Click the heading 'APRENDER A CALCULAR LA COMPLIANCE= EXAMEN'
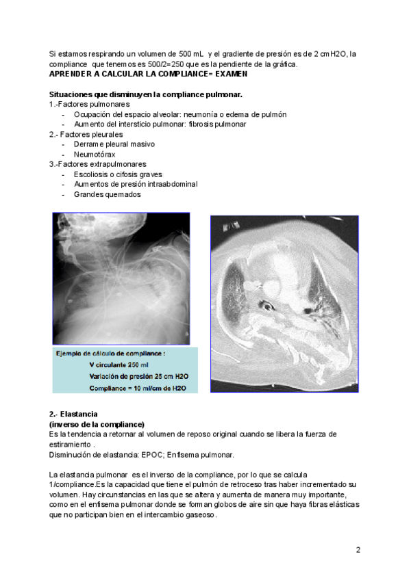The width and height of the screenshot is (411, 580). (x=148, y=74)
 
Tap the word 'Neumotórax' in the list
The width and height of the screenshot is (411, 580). (x=96, y=155)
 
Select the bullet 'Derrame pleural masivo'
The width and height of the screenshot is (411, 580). (x=114, y=144)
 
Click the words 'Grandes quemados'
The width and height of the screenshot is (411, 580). (x=107, y=194)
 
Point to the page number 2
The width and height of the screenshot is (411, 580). (x=358, y=550)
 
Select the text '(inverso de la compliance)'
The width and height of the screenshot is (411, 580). (x=97, y=424)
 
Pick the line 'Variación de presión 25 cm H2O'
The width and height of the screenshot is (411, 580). (x=138, y=376)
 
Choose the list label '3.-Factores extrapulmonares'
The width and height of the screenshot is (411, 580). (x=97, y=164)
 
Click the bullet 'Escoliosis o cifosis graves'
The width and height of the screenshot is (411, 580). (x=118, y=174)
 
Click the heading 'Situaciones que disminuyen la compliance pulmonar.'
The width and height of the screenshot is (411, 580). (x=146, y=94)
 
